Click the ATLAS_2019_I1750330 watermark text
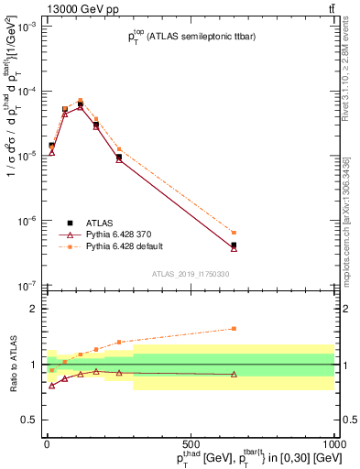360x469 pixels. pos(190,274)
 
